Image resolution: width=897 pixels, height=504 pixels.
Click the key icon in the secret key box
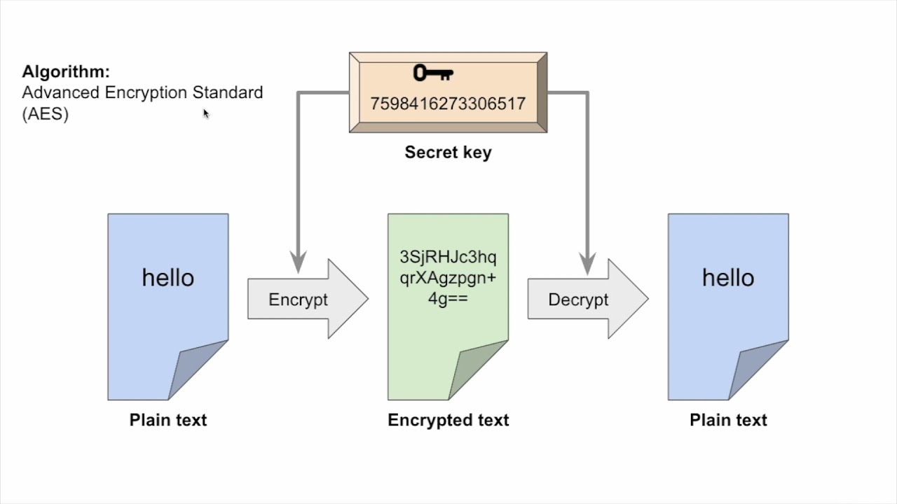click(433, 73)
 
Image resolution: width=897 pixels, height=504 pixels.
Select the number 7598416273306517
click(448, 104)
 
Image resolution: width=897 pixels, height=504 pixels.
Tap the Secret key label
click(448, 153)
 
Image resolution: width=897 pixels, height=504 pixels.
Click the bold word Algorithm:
click(66, 71)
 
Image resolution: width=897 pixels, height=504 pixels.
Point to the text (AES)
click(46, 115)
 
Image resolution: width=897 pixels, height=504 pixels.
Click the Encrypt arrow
click(307, 300)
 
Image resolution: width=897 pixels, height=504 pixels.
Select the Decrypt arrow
click(587, 300)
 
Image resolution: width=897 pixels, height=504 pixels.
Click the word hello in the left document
click(168, 278)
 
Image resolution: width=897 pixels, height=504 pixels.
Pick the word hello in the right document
click(728, 278)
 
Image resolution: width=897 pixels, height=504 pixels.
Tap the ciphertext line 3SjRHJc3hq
click(448, 256)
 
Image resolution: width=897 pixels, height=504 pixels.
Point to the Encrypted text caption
click(448, 420)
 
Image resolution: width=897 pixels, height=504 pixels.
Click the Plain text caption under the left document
click(168, 420)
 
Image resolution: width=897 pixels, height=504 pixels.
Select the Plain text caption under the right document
click(728, 420)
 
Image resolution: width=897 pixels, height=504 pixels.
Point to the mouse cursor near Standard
click(206, 113)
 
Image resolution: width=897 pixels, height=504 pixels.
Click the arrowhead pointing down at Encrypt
click(299, 262)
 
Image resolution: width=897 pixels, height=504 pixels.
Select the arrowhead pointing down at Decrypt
click(587, 262)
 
